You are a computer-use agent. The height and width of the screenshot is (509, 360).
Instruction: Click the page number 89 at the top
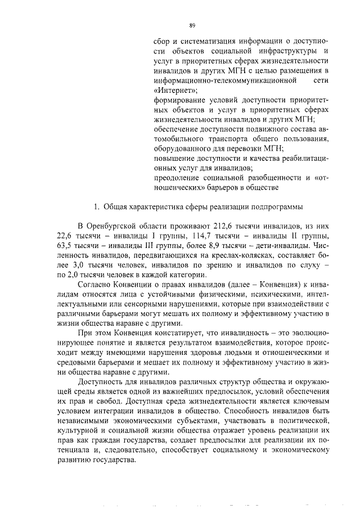click(192, 25)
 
